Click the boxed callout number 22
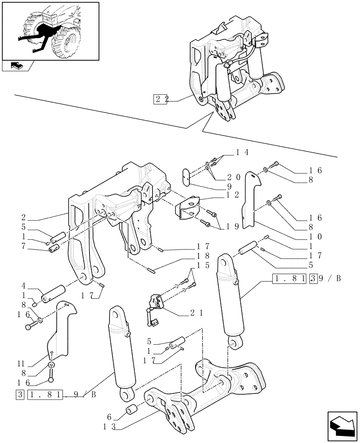(x=161, y=99)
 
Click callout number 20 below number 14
(x=234, y=177)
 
